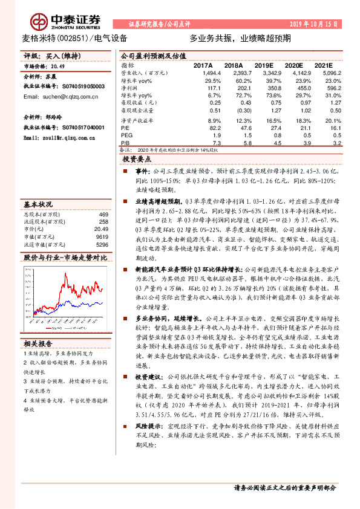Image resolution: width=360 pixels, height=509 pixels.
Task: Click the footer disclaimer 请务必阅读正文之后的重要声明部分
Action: pyautogui.click(x=284, y=487)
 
